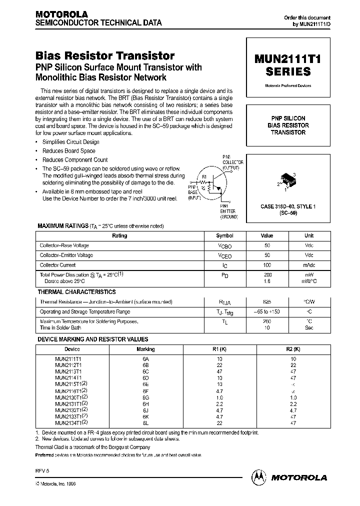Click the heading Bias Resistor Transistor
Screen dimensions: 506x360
point(105,56)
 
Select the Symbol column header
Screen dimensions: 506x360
point(224,235)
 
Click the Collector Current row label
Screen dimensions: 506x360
point(57,265)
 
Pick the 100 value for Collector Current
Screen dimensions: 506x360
point(267,265)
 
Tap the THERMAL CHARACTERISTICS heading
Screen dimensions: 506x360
point(76,291)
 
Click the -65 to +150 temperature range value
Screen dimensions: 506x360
point(267,311)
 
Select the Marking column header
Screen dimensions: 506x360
point(145,349)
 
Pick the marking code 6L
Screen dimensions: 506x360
point(145,422)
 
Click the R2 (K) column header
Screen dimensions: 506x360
point(293,349)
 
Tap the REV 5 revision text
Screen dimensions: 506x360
point(43,470)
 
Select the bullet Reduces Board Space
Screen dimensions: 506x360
point(68,150)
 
